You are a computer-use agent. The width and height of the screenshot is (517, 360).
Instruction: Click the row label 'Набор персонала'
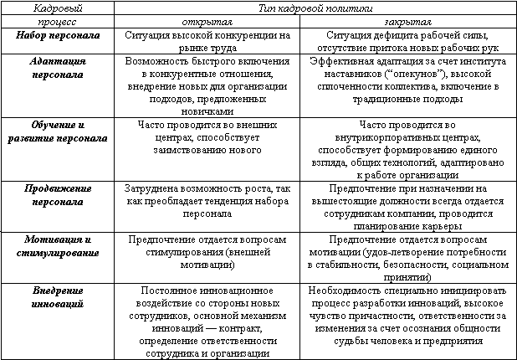(57, 37)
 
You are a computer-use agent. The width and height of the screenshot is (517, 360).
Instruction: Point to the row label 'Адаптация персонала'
(57, 69)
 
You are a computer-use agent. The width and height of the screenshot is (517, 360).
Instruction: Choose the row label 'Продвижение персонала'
(57, 195)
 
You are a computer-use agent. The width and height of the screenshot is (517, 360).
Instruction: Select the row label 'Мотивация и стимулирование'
(57, 245)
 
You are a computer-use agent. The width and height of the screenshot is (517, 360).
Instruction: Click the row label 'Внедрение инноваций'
(57, 296)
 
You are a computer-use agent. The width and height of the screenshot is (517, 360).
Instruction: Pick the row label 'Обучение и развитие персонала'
(57, 131)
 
